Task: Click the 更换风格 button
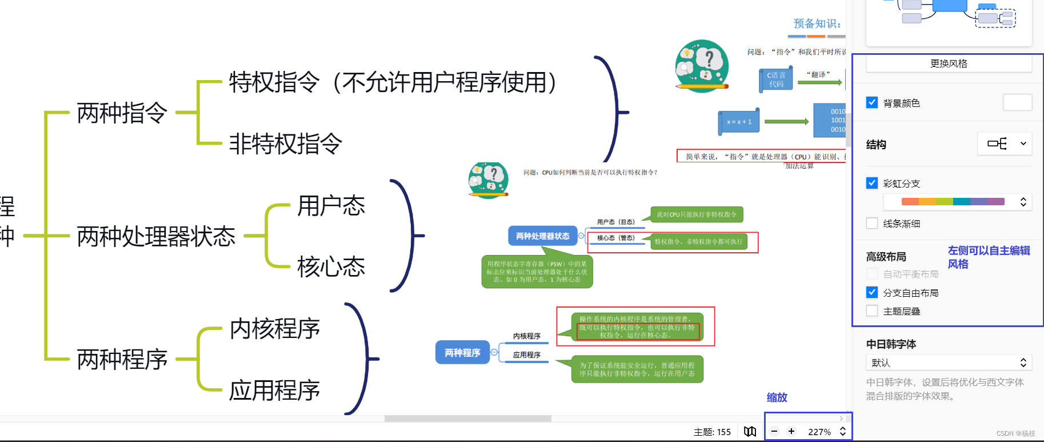(949, 63)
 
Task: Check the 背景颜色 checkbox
(872, 103)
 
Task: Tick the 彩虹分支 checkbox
(872, 183)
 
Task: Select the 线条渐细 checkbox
(872, 223)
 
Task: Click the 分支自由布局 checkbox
(872, 292)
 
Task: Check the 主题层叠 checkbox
(872, 310)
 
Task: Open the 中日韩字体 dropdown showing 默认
(949, 363)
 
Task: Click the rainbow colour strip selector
(957, 201)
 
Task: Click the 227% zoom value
(819, 432)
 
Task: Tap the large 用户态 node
(331, 206)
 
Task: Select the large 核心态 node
(331, 267)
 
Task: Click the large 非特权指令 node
(286, 144)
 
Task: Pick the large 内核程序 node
(275, 329)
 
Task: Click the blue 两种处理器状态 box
(542, 236)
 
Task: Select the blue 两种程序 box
(462, 353)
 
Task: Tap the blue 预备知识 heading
(817, 23)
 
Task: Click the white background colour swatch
(1017, 102)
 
